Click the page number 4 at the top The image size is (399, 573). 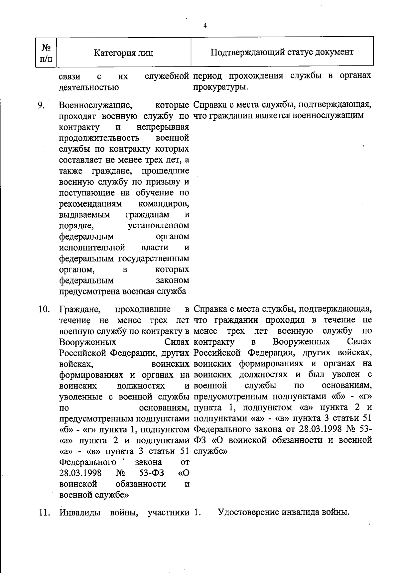205,26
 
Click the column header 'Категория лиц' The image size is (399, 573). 124,53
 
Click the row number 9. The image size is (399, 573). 41,106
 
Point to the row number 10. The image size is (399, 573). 44,309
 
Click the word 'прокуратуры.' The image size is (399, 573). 220,87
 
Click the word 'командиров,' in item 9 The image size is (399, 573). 164,203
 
